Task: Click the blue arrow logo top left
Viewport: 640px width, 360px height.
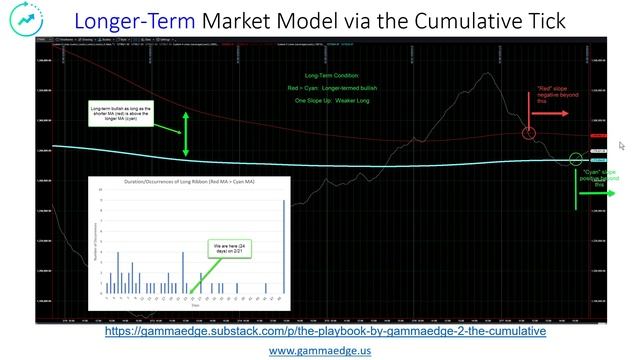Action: [21, 21]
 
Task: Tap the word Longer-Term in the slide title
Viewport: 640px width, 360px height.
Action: [132, 20]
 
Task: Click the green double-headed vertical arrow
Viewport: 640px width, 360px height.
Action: [185, 134]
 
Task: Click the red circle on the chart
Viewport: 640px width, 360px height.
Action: [529, 133]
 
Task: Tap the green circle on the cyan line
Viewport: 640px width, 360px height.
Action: [576, 158]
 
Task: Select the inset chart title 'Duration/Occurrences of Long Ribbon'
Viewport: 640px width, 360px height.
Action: [188, 182]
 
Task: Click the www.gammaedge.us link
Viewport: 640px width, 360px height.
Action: [320, 350]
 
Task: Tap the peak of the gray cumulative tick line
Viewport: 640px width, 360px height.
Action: [483, 72]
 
